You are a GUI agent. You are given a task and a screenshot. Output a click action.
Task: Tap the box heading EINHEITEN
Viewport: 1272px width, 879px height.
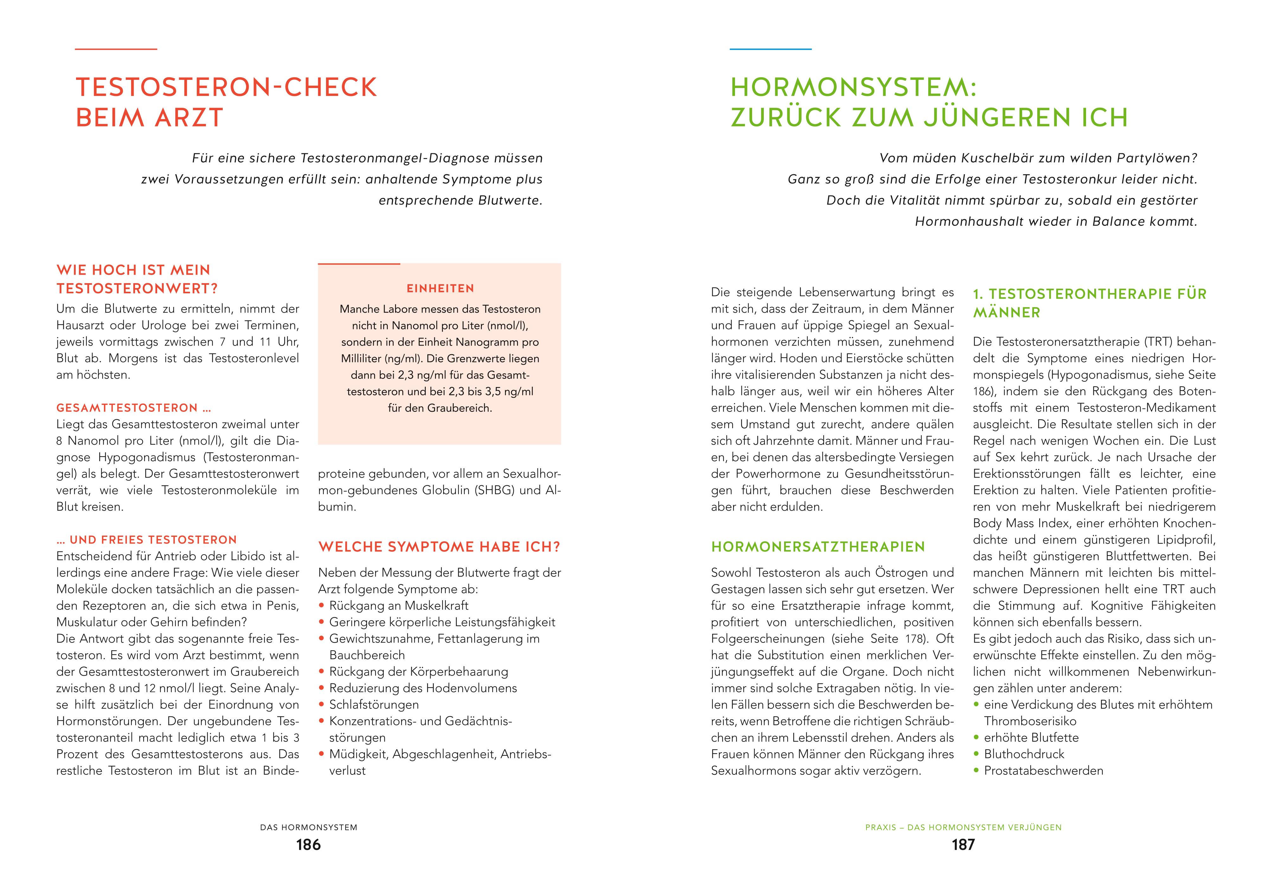440,289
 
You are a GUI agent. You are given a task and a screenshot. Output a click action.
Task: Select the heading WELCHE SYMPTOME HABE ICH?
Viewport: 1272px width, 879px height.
439,547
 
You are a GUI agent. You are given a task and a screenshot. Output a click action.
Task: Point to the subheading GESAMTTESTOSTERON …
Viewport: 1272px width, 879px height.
134,408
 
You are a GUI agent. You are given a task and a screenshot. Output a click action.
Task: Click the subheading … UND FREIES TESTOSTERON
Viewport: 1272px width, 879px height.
147,540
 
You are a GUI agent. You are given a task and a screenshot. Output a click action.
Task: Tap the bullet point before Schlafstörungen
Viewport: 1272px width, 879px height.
321,705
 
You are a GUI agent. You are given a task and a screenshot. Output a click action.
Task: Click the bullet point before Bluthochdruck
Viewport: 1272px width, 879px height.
976,755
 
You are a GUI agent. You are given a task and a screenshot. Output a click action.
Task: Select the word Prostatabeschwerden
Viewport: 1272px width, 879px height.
1043,771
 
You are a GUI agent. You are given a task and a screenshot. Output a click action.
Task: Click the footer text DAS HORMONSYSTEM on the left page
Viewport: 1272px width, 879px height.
309,827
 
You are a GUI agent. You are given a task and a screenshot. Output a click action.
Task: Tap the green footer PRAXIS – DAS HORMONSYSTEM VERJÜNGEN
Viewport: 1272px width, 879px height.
963,827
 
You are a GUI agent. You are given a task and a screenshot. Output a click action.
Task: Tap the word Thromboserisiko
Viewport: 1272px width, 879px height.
1030,722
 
